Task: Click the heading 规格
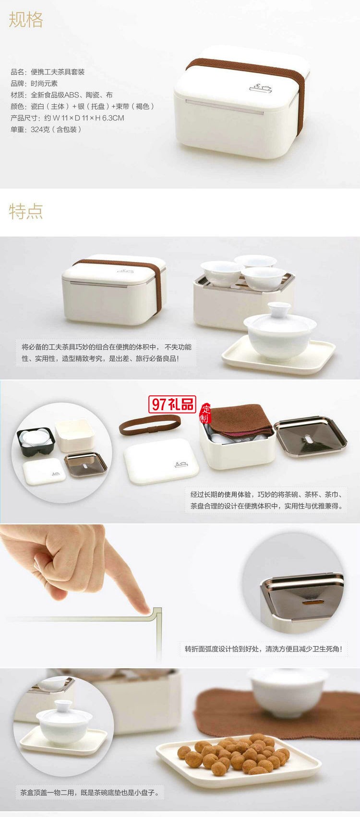pyautogui.click(x=26, y=20)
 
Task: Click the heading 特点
pyautogui.click(x=26, y=211)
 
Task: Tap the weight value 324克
pyautogui.click(x=42, y=130)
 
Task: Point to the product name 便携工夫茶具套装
pyautogui.click(x=58, y=72)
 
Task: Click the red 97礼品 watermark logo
pyautogui.click(x=173, y=404)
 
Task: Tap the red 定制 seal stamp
pyautogui.click(x=206, y=412)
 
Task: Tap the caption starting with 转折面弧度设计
pyautogui.click(x=264, y=649)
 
